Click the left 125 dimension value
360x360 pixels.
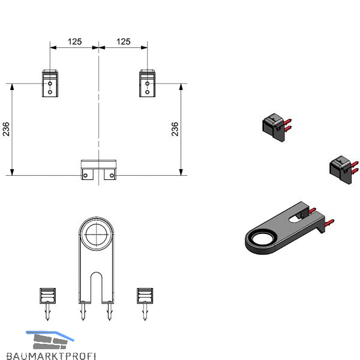tap(74, 41)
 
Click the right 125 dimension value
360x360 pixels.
tap(123, 41)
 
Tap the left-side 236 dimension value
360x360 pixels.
tap(6, 129)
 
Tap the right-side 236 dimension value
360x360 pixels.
tap(175, 129)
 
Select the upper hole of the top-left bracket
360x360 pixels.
tap(50, 83)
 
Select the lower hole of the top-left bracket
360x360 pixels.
tap(50, 92)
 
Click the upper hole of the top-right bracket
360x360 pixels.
tap(148, 83)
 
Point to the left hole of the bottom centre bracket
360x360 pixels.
tap(85, 175)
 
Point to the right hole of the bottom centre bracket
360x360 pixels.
tap(112, 175)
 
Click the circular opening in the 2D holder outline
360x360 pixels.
tap(97, 235)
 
